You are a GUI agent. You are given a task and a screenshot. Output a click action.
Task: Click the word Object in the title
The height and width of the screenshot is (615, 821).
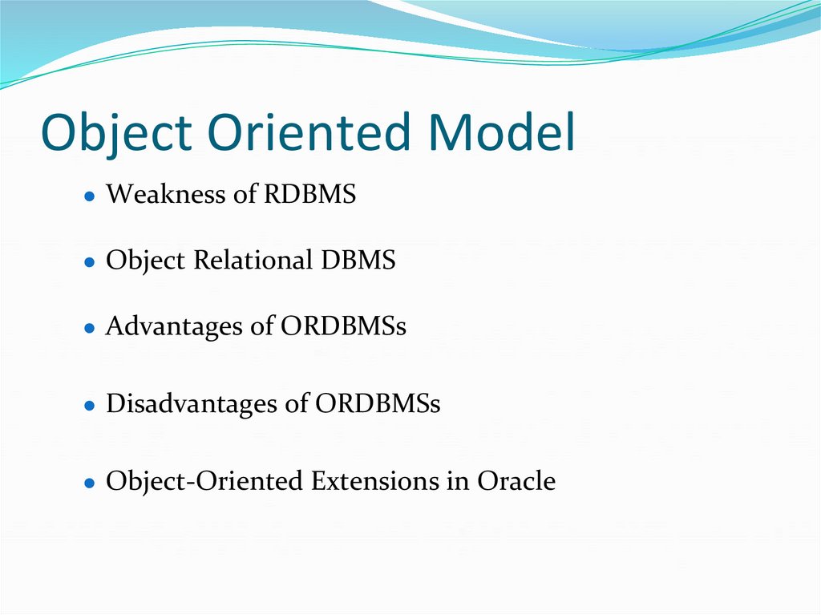tap(116, 134)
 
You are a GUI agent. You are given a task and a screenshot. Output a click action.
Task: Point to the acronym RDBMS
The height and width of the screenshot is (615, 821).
tap(309, 194)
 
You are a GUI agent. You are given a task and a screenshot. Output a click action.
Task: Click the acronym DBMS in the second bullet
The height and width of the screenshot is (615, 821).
tap(358, 261)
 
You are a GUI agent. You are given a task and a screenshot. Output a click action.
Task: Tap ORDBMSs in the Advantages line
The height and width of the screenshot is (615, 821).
tap(344, 326)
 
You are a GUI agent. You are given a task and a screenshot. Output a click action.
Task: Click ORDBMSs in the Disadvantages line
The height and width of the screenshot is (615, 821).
tap(378, 403)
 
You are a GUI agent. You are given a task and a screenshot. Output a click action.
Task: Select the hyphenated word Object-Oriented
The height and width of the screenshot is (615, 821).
tap(205, 481)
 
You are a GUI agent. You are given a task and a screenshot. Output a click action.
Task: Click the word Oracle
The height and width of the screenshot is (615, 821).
tap(516, 481)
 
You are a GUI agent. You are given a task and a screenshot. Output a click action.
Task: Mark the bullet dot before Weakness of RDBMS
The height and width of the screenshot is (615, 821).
tap(91, 196)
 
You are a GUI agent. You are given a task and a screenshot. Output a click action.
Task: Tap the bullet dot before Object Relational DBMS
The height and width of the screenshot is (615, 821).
tap(91, 263)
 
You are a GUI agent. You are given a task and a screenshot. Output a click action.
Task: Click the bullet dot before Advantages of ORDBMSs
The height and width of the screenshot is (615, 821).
tap(91, 329)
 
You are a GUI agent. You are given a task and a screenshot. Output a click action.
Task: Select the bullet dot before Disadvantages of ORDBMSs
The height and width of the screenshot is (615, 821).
tap(91, 405)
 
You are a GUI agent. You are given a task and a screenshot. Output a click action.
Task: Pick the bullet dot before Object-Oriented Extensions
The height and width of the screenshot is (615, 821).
tap(91, 484)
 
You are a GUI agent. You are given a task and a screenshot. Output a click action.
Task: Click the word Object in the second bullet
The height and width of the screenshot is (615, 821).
tap(140, 261)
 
